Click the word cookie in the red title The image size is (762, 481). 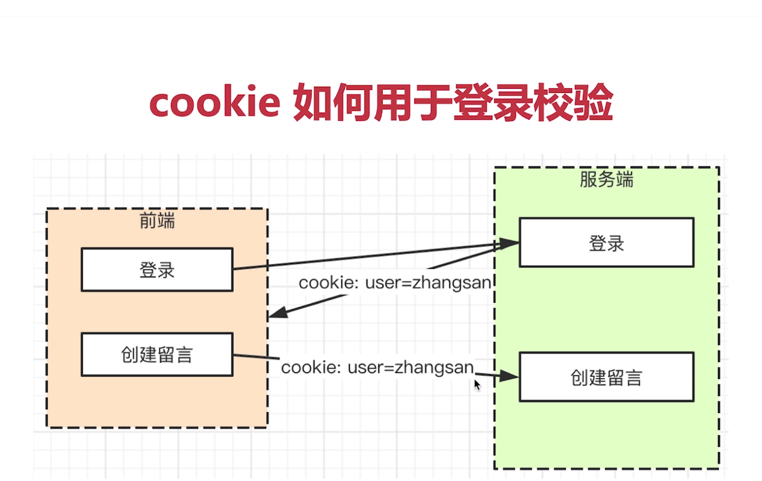coord(214,103)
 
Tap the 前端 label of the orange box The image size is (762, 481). coord(157,221)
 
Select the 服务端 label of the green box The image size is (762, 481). coord(607,180)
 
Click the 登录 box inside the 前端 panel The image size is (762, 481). coord(157,270)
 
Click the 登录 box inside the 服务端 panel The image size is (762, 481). coord(607,243)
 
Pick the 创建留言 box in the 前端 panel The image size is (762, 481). coord(157,355)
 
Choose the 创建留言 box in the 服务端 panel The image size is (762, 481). coord(607,377)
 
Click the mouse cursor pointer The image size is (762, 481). coord(477,385)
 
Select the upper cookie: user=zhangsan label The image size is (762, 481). coord(395,283)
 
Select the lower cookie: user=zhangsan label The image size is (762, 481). coord(377,367)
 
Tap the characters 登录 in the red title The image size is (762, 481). coord(493,103)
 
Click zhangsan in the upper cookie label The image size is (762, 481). coord(452,283)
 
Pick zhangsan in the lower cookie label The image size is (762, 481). coord(434,367)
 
